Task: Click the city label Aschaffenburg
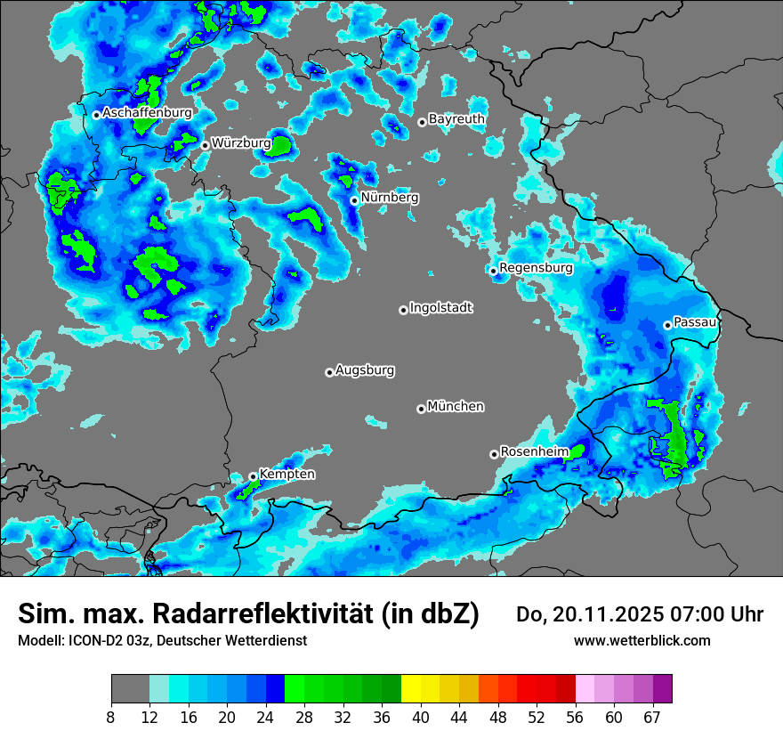(147, 113)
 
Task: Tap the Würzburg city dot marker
(205, 145)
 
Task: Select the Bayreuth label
(456, 118)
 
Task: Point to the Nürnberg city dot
(354, 200)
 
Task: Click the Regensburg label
(536, 267)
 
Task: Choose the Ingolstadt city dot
(403, 310)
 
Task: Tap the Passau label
(695, 321)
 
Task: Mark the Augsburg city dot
(329, 372)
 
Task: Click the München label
(456, 406)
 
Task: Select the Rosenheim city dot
(494, 454)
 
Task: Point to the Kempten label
(287, 475)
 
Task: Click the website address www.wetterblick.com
(642, 640)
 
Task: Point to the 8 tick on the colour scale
(111, 718)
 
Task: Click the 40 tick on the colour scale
(420, 718)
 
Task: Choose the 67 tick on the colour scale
(652, 718)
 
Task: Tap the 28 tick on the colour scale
(303, 718)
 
